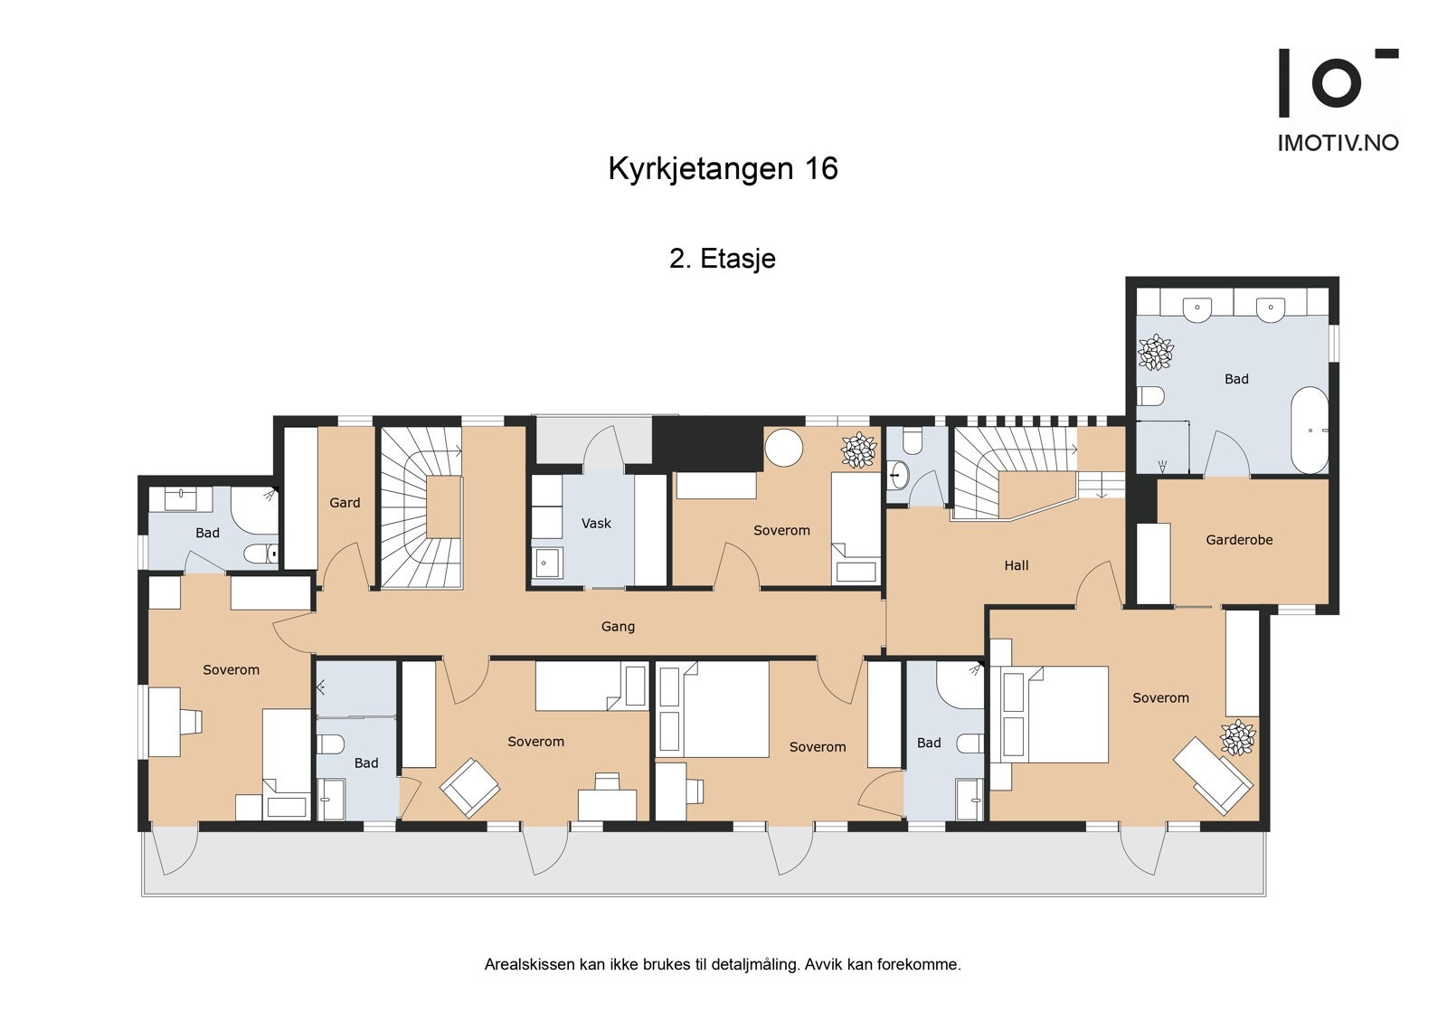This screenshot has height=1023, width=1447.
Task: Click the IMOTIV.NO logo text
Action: click(x=1338, y=143)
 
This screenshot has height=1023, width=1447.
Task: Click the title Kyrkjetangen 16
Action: click(x=723, y=169)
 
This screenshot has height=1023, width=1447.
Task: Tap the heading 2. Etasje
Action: click(x=723, y=259)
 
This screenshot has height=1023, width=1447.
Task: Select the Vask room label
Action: click(x=596, y=524)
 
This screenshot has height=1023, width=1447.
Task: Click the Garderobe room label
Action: click(x=1239, y=540)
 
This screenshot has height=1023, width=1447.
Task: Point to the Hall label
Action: click(x=1017, y=565)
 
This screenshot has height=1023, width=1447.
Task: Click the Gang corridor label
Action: click(x=619, y=626)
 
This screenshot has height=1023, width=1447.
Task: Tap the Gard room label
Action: click(x=345, y=503)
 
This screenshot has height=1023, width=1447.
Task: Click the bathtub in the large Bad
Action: click(x=1309, y=430)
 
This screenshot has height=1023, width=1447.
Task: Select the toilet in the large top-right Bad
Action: click(x=1150, y=396)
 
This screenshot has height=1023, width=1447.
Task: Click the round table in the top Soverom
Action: click(x=783, y=447)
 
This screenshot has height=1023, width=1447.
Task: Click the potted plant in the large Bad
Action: click(x=1155, y=353)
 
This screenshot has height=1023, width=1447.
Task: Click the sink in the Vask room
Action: click(x=546, y=563)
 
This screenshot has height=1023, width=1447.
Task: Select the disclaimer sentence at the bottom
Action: click(x=723, y=964)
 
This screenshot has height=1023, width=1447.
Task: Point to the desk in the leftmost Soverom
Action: click(x=166, y=721)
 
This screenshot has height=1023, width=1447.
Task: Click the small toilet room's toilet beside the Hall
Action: click(x=912, y=440)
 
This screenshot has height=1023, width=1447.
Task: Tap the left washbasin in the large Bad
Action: click(x=1197, y=308)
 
